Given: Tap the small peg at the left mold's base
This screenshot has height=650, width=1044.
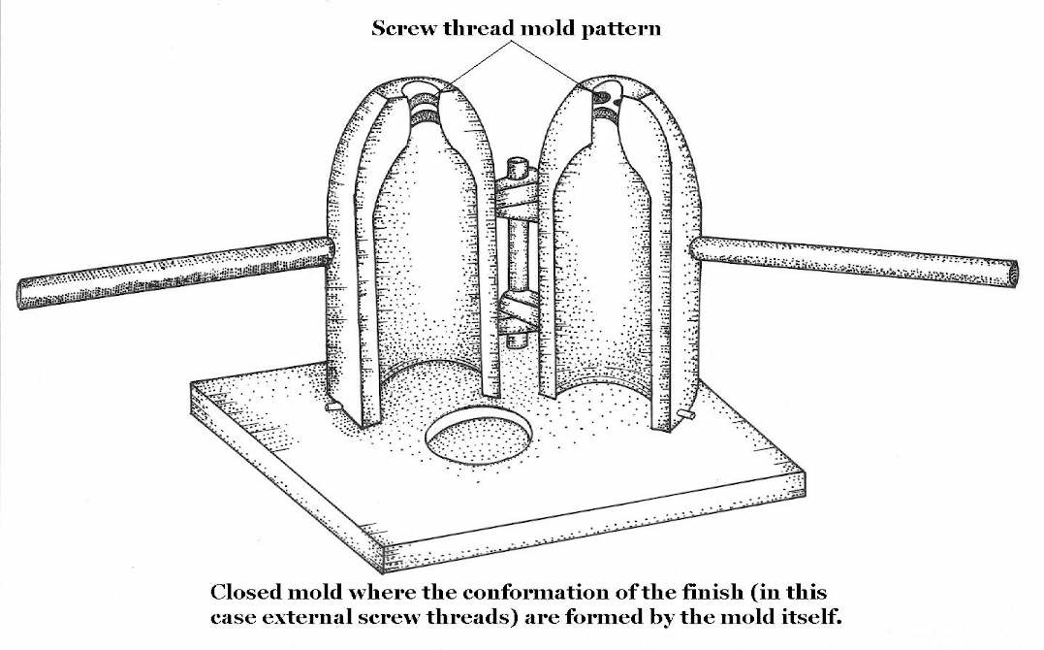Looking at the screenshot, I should click(x=332, y=408).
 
